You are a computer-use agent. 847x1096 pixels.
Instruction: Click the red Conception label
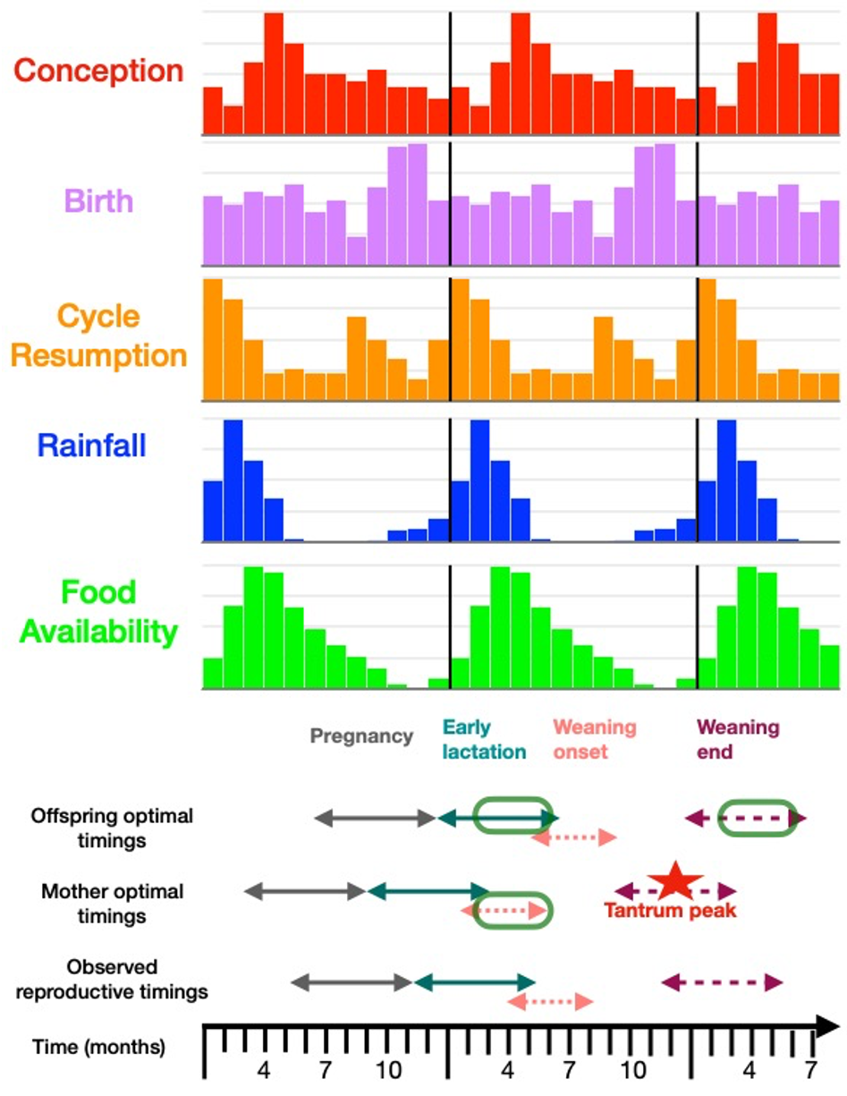pyautogui.click(x=99, y=71)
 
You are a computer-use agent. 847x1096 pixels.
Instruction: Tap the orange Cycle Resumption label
pyautogui.click(x=99, y=336)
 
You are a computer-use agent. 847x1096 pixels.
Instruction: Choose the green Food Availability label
pyautogui.click(x=99, y=612)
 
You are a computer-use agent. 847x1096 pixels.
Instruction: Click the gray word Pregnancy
pyautogui.click(x=361, y=736)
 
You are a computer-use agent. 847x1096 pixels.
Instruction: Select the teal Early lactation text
pyautogui.click(x=484, y=739)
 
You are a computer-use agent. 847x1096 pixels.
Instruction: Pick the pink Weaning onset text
pyautogui.click(x=594, y=739)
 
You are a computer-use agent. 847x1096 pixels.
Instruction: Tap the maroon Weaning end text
pyautogui.click(x=737, y=739)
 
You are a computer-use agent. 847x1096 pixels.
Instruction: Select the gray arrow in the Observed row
pyautogui.click(x=350, y=982)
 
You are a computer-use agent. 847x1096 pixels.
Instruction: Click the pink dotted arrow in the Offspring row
pyautogui.click(x=573, y=837)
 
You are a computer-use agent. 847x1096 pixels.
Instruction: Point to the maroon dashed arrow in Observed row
pyautogui.click(x=722, y=982)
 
